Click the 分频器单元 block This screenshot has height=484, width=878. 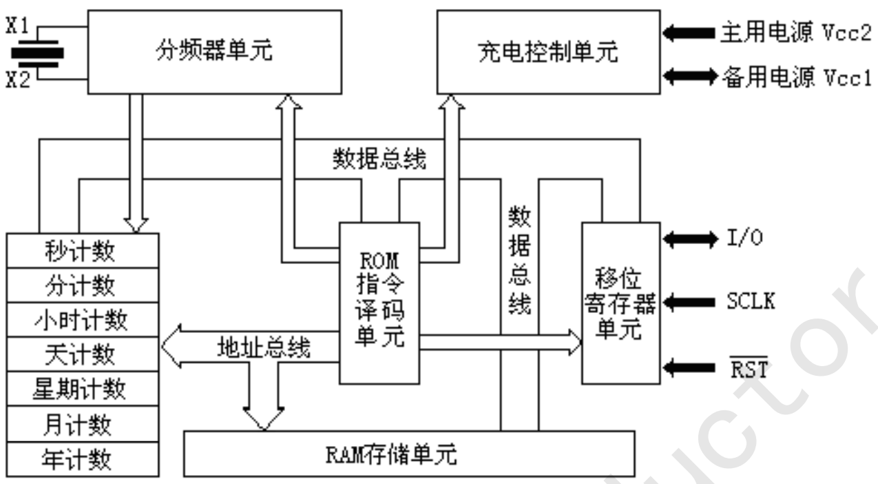pos(214,52)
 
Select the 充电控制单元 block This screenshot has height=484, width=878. pos(548,52)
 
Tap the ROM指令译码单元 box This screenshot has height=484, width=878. pos(379,303)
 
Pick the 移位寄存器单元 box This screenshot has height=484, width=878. pos(621,303)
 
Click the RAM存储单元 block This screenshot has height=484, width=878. pos(409,454)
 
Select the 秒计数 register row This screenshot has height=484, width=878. pos(83,251)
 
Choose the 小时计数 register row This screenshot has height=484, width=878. pos(83,319)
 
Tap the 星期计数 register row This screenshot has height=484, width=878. pos(83,389)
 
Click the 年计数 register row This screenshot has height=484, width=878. pos(83,459)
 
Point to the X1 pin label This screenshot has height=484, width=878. pos(18,26)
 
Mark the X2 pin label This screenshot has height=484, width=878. pos(18,79)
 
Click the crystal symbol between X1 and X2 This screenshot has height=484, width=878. pos(38,53)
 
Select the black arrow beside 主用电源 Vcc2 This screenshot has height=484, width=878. pos(689,33)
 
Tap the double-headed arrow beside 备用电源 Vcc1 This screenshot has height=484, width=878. pos(690,76)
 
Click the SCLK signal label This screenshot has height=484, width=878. pos(751,301)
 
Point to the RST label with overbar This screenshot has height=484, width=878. pos(749,367)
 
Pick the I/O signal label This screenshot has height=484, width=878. pos(744,237)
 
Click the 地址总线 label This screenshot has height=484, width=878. pos(264,347)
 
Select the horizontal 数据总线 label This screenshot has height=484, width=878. pos(379,159)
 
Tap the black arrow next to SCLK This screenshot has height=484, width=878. pos(689,302)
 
